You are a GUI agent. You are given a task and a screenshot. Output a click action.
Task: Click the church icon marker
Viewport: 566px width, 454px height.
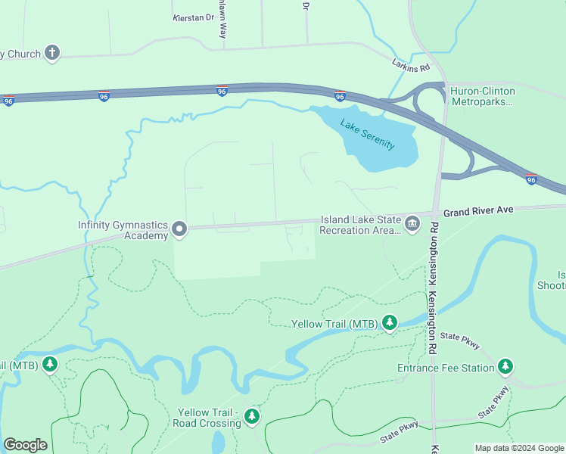pyautogui.click(x=51, y=53)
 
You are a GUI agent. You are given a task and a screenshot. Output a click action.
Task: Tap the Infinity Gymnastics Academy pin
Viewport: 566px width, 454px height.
pyautogui.click(x=179, y=228)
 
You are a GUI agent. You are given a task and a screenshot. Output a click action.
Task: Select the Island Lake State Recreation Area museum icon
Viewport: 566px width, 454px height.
pyautogui.click(x=412, y=223)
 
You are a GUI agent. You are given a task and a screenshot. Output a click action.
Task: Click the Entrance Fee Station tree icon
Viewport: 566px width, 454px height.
pyautogui.click(x=505, y=368)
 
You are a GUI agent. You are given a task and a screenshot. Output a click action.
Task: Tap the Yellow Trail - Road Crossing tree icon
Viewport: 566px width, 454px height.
pyautogui.click(x=252, y=417)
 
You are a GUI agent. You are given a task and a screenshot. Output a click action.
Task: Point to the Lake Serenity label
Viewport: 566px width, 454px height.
pyautogui.click(x=367, y=135)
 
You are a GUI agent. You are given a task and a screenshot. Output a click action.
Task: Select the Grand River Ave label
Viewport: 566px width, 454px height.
pyautogui.click(x=479, y=213)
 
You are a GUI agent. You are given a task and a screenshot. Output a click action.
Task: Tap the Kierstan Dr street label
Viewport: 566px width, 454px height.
pyautogui.click(x=194, y=17)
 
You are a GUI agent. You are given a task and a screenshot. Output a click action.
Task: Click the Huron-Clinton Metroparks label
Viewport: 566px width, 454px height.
pyautogui.click(x=482, y=96)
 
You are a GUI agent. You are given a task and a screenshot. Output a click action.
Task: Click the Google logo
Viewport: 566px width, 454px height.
pyautogui.click(x=25, y=445)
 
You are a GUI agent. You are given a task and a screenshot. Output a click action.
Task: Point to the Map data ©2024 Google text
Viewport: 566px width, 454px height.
pyautogui.click(x=519, y=448)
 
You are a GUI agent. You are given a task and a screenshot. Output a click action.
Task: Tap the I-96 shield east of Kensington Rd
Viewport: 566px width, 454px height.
pyautogui.click(x=532, y=179)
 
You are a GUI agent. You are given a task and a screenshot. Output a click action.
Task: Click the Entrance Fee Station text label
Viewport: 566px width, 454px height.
pyautogui.click(x=445, y=368)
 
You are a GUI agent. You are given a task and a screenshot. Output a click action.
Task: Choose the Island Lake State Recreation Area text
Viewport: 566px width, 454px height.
pyautogui.click(x=360, y=225)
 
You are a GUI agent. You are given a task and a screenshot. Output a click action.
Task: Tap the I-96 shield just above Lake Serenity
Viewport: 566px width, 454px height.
pyautogui.click(x=340, y=96)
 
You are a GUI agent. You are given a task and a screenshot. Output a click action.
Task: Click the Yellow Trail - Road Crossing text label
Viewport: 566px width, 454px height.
pyautogui.click(x=209, y=418)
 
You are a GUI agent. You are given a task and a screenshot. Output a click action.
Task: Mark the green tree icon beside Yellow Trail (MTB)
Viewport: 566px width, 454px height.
pyautogui.click(x=389, y=324)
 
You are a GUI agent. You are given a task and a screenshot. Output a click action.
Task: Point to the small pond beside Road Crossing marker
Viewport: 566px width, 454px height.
pyautogui.click(x=218, y=442)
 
